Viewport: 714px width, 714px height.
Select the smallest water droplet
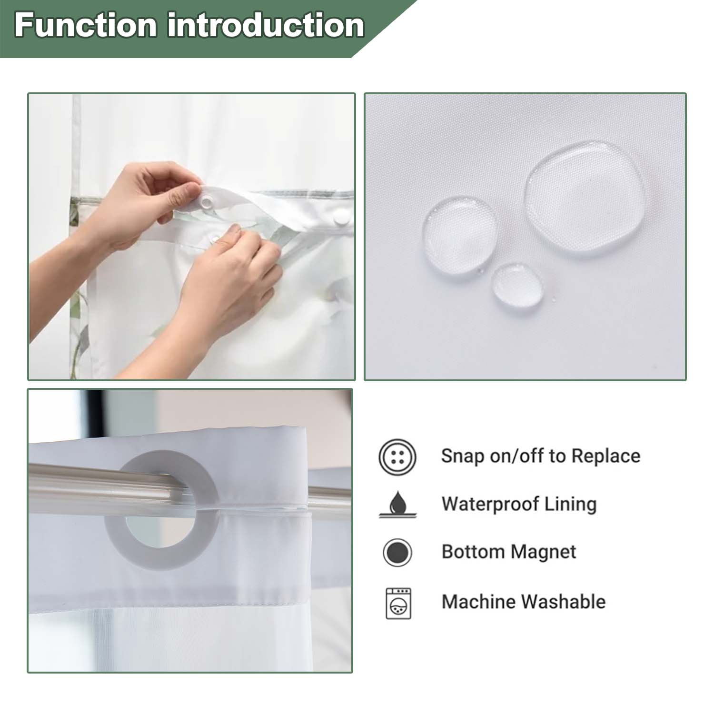point(517,284)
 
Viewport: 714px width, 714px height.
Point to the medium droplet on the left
point(460,235)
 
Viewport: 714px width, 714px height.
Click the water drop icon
point(398,505)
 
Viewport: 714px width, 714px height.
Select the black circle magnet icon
point(397,553)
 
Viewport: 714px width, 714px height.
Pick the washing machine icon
point(398,603)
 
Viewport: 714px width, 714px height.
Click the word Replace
point(605,456)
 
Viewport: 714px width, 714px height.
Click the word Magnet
point(543,552)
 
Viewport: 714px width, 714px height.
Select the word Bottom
point(473,552)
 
